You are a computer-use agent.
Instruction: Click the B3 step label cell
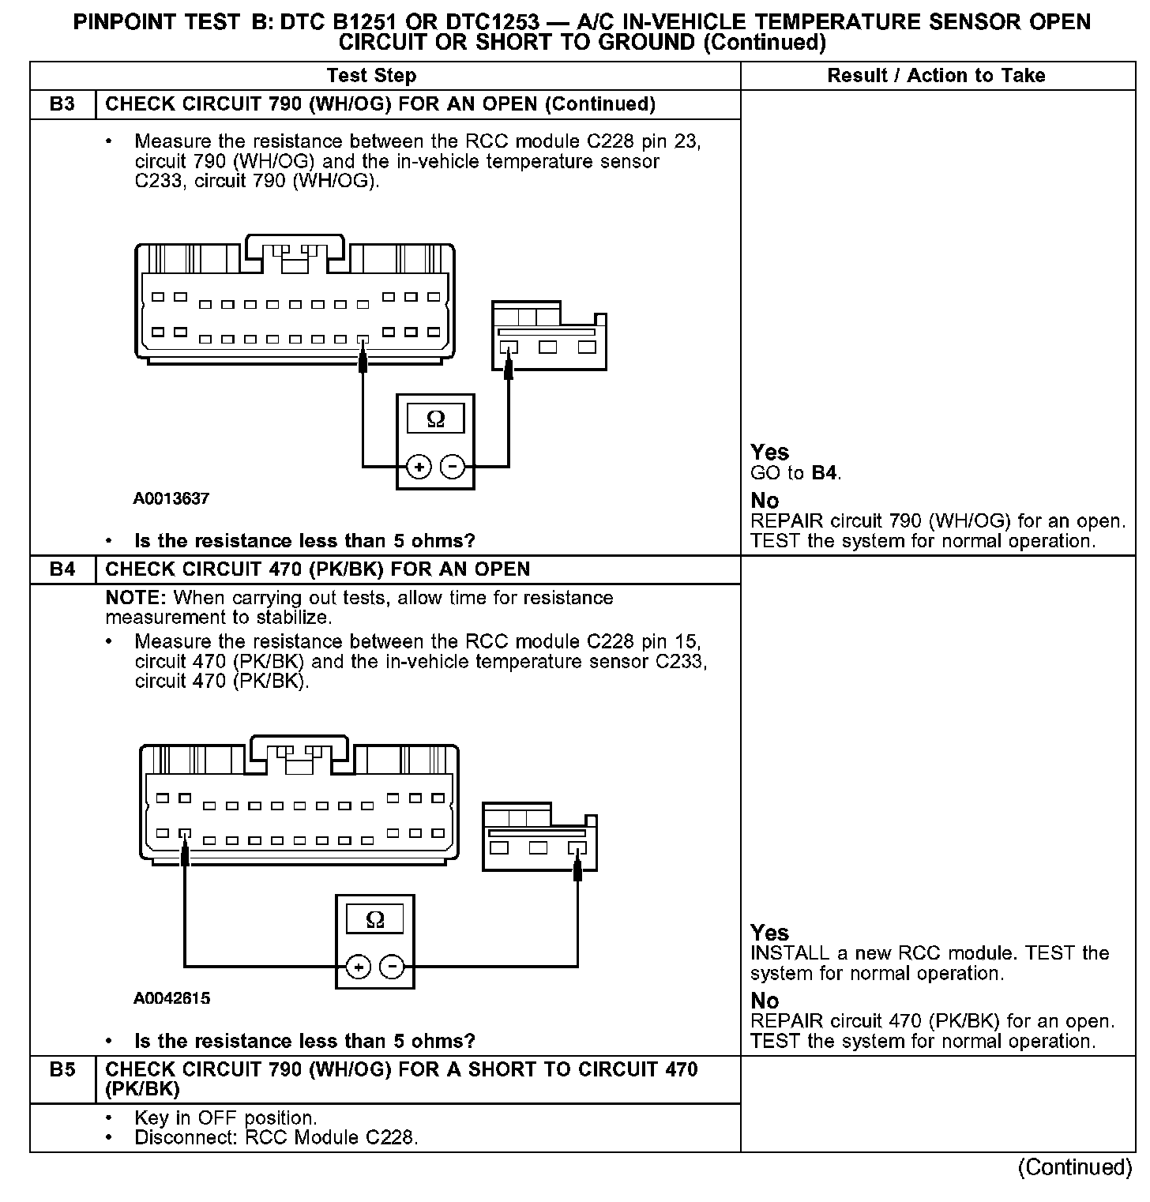(x=62, y=104)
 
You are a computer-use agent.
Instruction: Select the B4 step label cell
(x=62, y=569)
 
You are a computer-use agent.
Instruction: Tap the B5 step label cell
(x=62, y=1070)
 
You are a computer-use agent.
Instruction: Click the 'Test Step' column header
(x=371, y=76)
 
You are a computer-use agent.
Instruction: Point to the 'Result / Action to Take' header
(x=936, y=76)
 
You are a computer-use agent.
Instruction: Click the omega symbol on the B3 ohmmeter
(x=435, y=419)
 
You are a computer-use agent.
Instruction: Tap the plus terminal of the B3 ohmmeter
(x=419, y=468)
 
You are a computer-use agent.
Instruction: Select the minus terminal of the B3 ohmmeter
(x=452, y=468)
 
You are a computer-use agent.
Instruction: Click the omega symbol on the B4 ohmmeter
(x=375, y=919)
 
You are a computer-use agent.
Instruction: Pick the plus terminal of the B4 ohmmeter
(x=359, y=967)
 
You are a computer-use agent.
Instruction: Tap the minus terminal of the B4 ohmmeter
(x=393, y=967)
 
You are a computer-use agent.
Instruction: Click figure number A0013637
(x=171, y=498)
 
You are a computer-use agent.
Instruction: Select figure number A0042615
(x=171, y=998)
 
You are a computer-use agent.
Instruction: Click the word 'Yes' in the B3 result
(x=769, y=453)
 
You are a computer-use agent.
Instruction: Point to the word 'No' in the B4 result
(x=765, y=1001)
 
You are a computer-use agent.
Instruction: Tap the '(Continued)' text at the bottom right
(x=1075, y=1167)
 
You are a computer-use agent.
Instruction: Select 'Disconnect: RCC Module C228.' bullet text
(x=276, y=1138)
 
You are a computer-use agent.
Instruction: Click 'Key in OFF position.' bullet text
(x=226, y=1118)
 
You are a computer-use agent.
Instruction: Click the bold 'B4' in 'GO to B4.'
(x=824, y=473)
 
